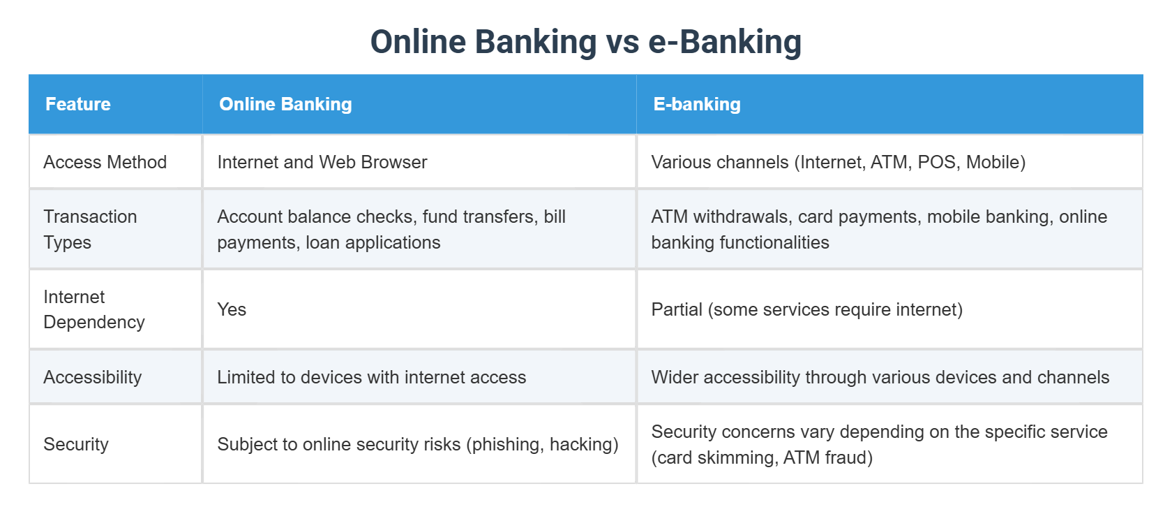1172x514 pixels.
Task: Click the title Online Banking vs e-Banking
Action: tap(585, 42)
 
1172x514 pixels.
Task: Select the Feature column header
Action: tap(78, 104)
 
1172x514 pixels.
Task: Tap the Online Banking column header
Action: tap(285, 104)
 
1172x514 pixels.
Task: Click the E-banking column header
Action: tap(696, 104)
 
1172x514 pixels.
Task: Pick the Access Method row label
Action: tap(105, 162)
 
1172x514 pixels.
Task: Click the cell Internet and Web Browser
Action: tap(322, 162)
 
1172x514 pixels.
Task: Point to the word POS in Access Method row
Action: tap(936, 162)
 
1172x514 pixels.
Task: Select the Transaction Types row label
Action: tap(89, 229)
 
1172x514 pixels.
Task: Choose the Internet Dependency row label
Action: tap(93, 309)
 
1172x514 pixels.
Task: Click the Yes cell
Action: tap(232, 309)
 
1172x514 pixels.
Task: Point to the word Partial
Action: tap(676, 309)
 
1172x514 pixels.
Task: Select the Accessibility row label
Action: tap(92, 377)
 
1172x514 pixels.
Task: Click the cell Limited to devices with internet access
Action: tap(371, 377)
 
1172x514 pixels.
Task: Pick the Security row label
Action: tap(76, 444)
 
